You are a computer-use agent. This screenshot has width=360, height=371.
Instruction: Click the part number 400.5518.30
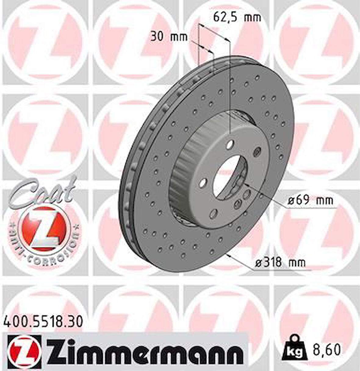click(x=44, y=322)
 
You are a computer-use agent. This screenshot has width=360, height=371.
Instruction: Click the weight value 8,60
click(x=327, y=350)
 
